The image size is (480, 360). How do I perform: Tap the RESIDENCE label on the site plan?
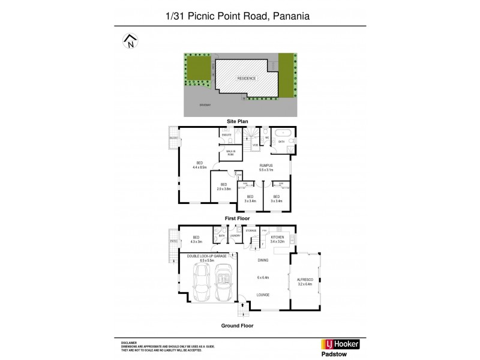pos(246,79)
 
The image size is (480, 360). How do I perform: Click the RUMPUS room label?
pos(266,165)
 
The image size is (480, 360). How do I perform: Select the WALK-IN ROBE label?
pos(230,152)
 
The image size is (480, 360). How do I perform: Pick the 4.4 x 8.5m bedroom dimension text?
pos(199,167)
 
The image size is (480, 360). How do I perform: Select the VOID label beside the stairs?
pos(255,145)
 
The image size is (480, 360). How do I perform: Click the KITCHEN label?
pos(277,238)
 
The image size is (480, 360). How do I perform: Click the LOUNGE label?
pos(263,295)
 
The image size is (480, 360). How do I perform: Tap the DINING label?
pos(263,260)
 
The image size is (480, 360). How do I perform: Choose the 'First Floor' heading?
pos(237,218)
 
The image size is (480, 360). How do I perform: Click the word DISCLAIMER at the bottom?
pos(130,340)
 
